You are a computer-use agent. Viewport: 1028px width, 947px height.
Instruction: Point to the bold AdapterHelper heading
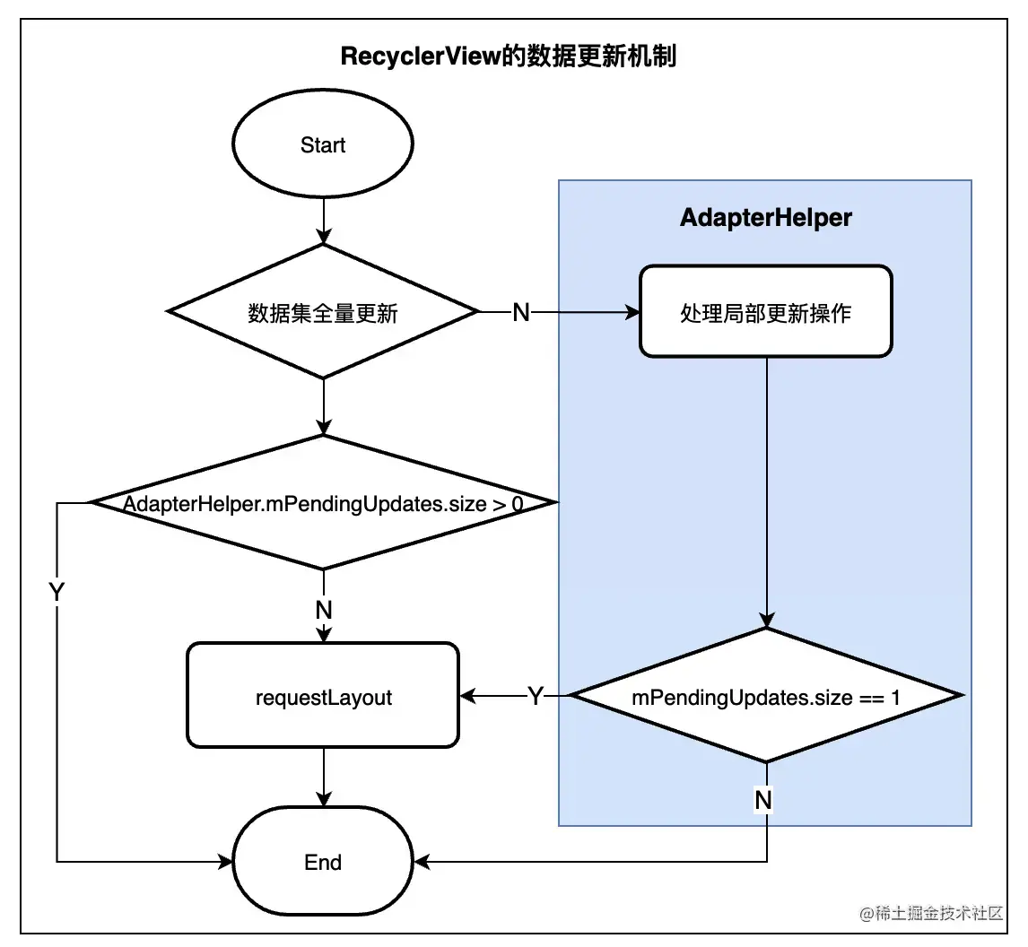click(x=766, y=217)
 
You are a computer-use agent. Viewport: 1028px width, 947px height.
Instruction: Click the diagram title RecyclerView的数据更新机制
click(x=508, y=56)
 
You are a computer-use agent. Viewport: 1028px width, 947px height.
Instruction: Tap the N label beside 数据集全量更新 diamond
click(x=520, y=312)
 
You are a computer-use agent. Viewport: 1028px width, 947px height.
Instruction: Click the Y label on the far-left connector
click(x=57, y=591)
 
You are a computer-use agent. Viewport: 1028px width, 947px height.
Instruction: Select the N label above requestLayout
click(x=324, y=610)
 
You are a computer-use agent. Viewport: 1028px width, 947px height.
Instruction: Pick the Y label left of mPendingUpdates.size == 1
click(x=536, y=695)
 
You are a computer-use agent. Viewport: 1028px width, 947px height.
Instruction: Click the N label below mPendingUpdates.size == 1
click(x=763, y=800)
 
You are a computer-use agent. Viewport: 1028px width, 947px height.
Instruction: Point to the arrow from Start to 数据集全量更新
click(x=324, y=221)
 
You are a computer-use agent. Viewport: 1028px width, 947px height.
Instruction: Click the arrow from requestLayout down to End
click(x=324, y=778)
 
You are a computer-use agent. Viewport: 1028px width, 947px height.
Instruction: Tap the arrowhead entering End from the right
click(x=423, y=862)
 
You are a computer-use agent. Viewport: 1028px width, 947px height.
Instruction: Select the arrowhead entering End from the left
click(x=225, y=862)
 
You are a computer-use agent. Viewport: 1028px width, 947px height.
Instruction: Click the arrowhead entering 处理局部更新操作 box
click(x=632, y=312)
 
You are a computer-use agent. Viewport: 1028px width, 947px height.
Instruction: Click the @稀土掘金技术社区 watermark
click(x=931, y=912)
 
